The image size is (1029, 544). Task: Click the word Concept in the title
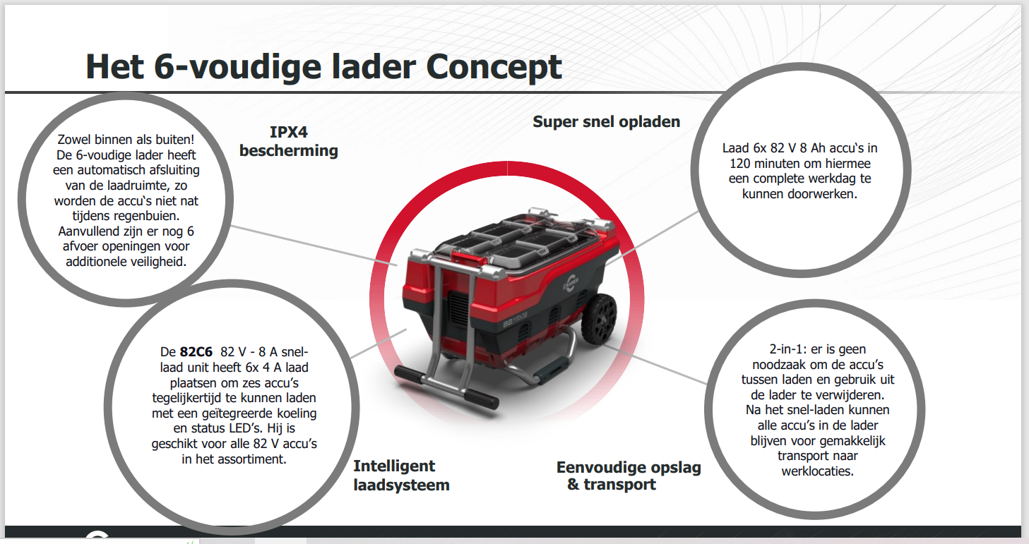[494, 67]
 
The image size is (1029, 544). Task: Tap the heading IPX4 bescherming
[288, 141]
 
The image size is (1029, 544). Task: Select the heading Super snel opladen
[606, 121]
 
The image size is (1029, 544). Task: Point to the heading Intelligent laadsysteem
[400, 475]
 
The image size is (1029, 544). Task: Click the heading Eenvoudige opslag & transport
[628, 476]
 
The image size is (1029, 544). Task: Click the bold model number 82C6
[196, 351]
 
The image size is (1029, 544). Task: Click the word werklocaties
[817, 471]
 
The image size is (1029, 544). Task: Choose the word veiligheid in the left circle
[157, 262]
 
